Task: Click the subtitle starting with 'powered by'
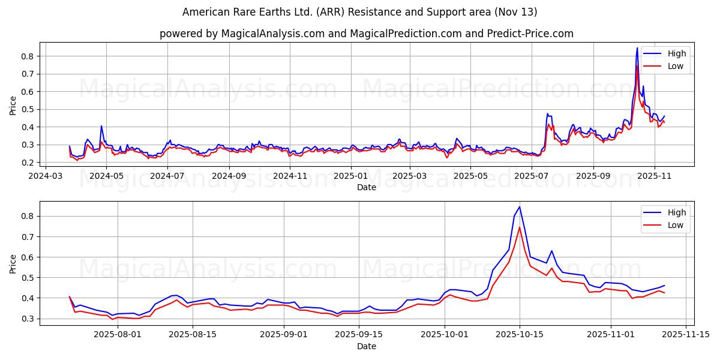(x=366, y=34)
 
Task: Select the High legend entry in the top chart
(x=676, y=53)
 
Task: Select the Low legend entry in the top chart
(x=676, y=66)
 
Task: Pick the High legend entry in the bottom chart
(x=676, y=213)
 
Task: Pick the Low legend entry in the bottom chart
(x=676, y=226)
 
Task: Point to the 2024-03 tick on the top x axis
(x=46, y=176)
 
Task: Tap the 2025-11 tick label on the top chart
(x=654, y=176)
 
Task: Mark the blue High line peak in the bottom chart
(x=520, y=207)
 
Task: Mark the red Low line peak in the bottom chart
(x=520, y=227)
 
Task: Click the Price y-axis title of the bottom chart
(x=13, y=263)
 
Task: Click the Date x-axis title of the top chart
(x=366, y=187)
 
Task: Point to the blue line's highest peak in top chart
(x=637, y=48)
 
